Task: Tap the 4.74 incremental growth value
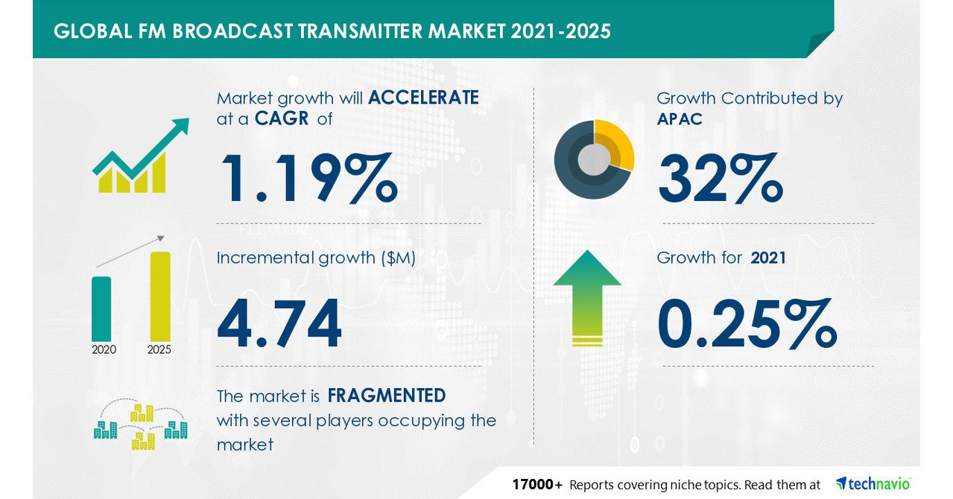coord(279,325)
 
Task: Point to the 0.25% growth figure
coord(746,325)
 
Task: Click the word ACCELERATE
coord(423,98)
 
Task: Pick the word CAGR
coord(282,118)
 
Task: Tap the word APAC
coord(680,119)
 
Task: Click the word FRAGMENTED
coord(387,395)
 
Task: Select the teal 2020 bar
coord(101,308)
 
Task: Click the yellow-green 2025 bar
coord(160,296)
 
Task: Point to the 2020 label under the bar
coord(104,349)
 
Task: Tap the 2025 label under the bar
coord(159,349)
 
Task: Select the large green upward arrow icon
coord(587,297)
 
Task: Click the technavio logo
coord(873,483)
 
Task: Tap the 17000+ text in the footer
coord(537,485)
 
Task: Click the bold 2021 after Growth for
coord(769,258)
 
